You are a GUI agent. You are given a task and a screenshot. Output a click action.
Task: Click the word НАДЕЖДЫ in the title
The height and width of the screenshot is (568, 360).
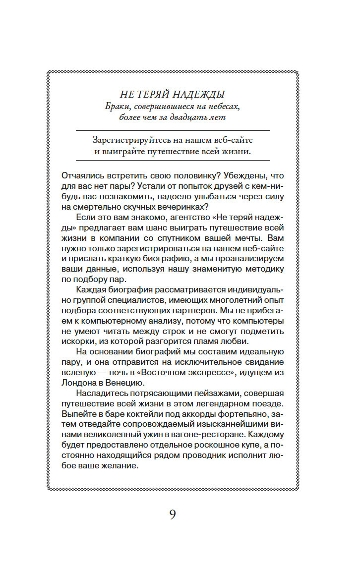coord(199,94)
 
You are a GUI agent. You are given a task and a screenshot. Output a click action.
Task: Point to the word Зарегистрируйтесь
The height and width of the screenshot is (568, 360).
coord(128,140)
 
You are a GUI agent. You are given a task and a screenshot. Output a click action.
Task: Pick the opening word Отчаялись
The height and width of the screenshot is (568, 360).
coord(83,176)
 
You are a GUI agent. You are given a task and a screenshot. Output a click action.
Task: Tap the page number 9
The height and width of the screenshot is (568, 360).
coord(172,514)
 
